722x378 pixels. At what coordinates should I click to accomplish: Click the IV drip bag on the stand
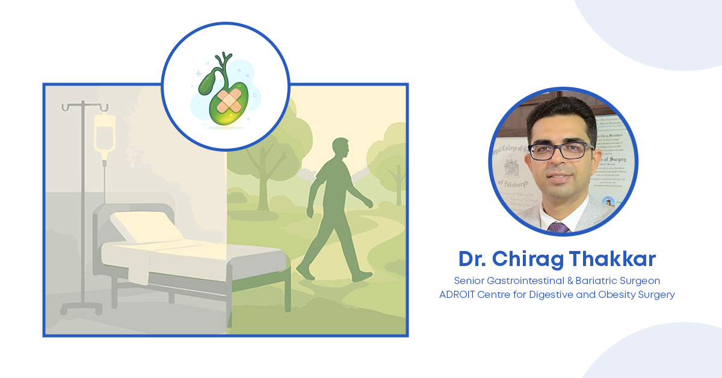coord(104,132)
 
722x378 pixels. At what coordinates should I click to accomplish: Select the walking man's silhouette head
coord(341,147)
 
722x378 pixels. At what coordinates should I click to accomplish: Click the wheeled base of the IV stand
coord(84,309)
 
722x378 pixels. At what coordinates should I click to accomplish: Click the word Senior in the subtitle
coord(469,280)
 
